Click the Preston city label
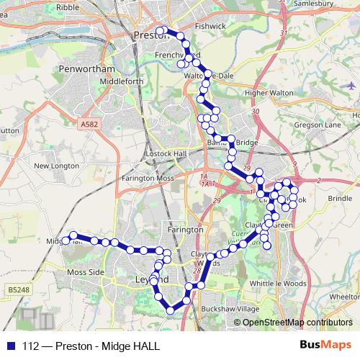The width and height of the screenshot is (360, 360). (x=150, y=34)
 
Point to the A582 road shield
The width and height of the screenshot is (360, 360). (x=89, y=124)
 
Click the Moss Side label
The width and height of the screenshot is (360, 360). (x=86, y=273)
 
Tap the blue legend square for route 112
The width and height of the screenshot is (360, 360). (x=12, y=345)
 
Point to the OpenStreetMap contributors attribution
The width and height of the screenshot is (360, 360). (x=297, y=323)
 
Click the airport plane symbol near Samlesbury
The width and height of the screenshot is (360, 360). (x=351, y=85)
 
